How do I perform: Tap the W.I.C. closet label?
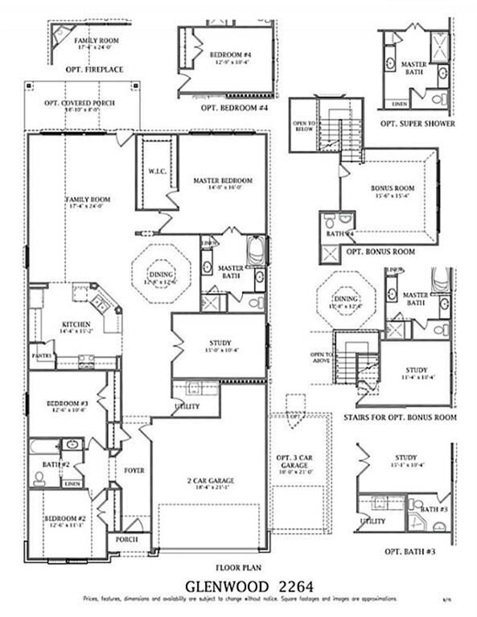click(156, 171)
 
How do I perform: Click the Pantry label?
click(42, 355)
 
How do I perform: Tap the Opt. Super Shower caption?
click(417, 124)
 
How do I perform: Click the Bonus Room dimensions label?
click(390, 195)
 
